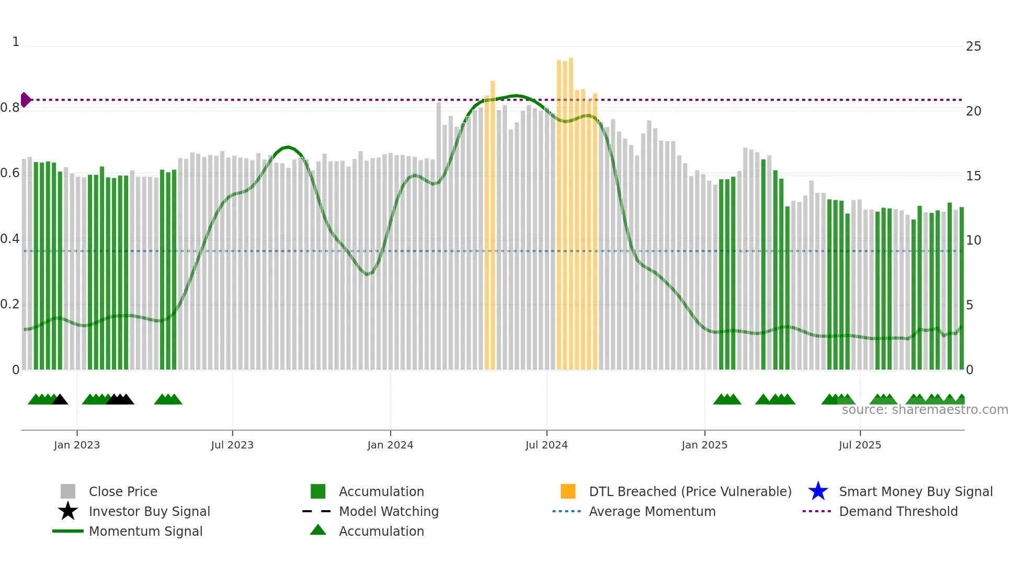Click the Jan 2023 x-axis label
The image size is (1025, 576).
(x=76, y=445)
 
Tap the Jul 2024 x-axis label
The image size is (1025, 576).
(x=546, y=445)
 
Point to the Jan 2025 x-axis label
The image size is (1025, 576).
(x=704, y=445)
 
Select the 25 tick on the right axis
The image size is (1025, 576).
(x=973, y=47)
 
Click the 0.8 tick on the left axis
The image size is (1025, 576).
(x=10, y=108)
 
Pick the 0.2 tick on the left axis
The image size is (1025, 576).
(x=10, y=304)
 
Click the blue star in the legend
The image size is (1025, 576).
(x=818, y=491)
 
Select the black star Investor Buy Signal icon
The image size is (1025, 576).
(x=68, y=511)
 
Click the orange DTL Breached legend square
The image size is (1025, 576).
(x=568, y=491)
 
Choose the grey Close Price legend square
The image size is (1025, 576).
(x=68, y=491)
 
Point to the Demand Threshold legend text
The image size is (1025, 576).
(x=898, y=511)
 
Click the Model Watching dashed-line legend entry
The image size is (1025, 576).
(x=317, y=511)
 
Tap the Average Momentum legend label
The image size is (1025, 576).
(x=652, y=511)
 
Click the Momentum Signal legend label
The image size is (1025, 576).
(x=145, y=531)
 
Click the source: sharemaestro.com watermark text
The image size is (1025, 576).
(x=925, y=410)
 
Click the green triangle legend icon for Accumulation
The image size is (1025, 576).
(x=318, y=530)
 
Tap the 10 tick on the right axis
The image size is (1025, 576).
(x=973, y=240)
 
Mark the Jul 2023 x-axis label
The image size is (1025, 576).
(x=232, y=445)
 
